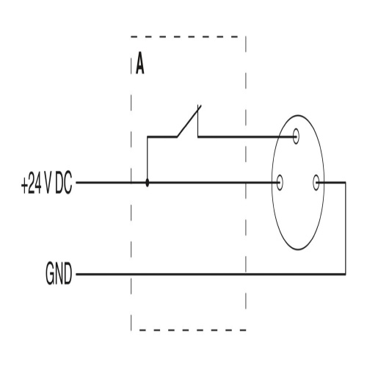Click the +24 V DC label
47,183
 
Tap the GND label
59,274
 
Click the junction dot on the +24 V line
148,183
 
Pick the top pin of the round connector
296,136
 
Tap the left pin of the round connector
280,182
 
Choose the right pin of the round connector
316,182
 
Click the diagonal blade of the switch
189,121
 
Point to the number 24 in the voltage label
34,183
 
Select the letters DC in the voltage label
64,183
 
